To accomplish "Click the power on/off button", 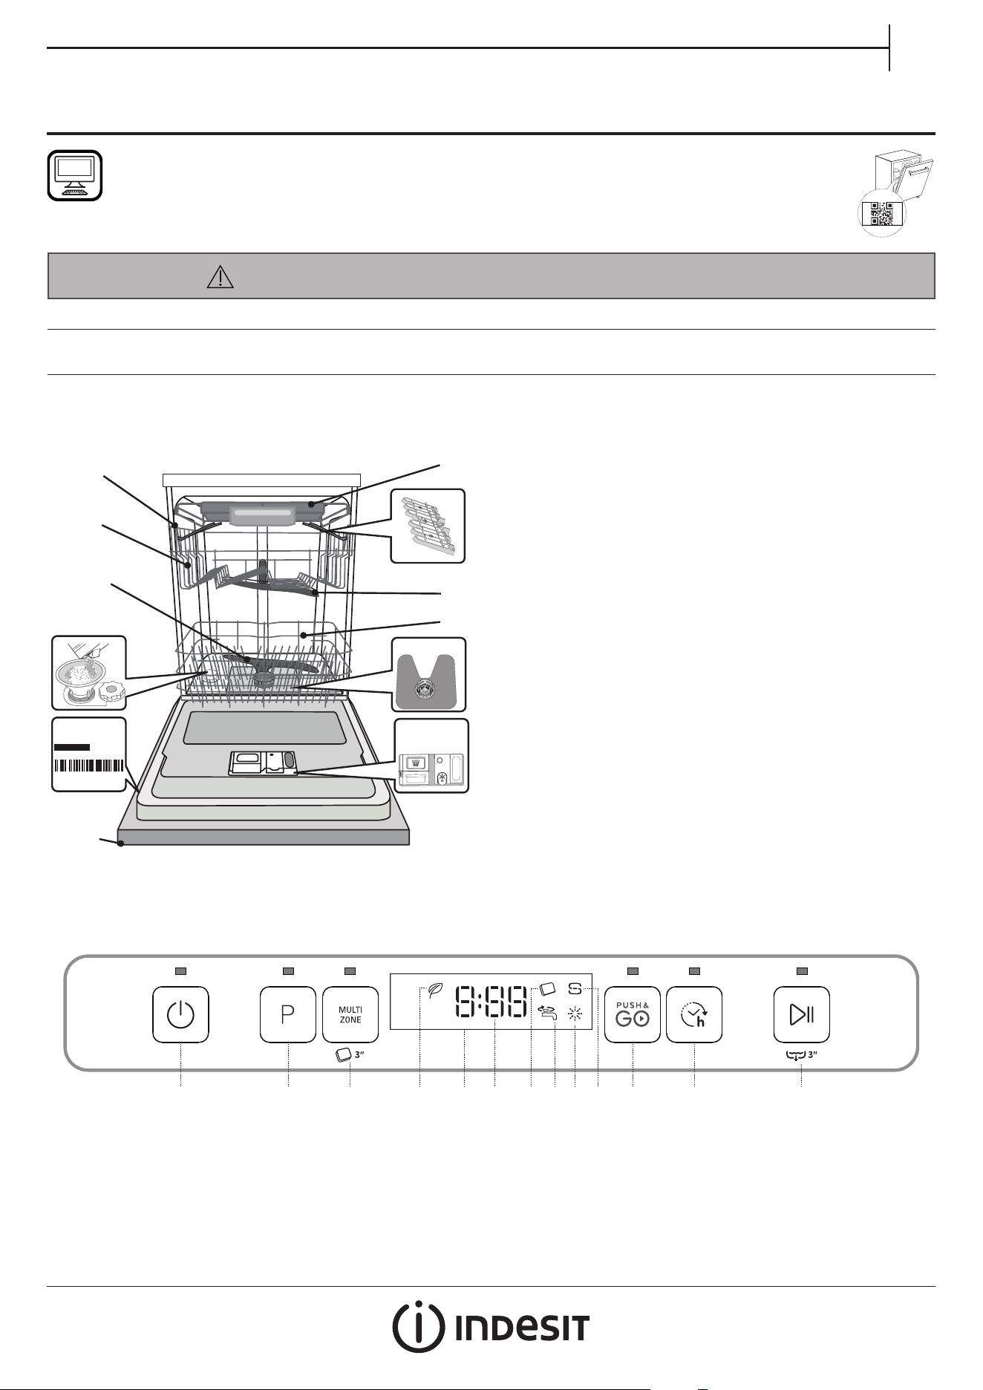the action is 180,1014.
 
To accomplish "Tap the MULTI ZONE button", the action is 350,1014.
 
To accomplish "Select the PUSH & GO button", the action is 633,1014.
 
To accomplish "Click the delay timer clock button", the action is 694,1014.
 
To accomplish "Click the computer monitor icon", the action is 74,175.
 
